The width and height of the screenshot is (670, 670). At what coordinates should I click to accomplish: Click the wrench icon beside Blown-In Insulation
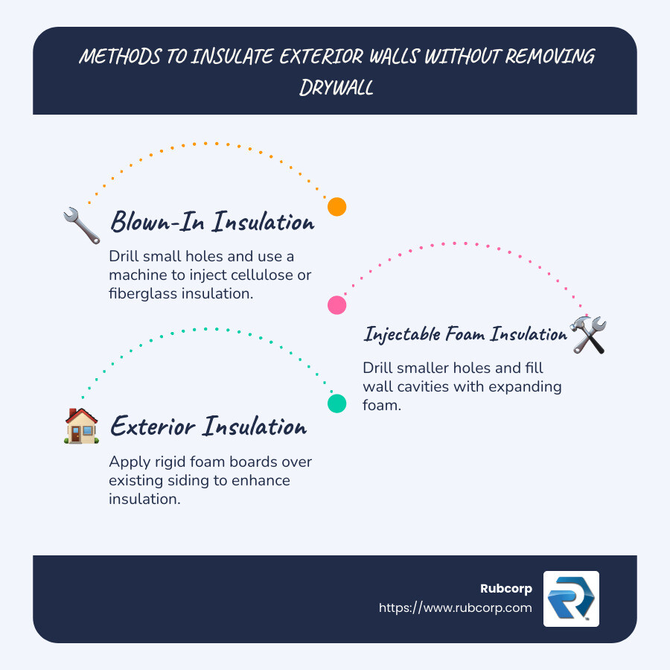82,226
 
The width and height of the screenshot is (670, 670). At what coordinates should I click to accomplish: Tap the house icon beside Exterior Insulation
82,427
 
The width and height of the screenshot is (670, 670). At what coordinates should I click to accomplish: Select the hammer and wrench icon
588,334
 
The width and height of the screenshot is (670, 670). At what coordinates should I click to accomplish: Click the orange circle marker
337,207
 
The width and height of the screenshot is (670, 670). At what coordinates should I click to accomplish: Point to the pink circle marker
337,304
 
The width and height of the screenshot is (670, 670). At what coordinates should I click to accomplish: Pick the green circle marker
337,403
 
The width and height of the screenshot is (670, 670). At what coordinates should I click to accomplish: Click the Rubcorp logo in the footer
571,599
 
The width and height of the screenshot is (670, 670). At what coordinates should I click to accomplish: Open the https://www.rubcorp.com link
456,607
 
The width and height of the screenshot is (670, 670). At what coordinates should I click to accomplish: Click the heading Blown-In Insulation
212,222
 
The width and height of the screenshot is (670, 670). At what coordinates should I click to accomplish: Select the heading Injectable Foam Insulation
465,334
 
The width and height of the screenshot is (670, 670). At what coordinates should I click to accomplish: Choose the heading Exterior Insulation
208,427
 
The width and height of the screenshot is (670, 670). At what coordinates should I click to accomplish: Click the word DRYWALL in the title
336,88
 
